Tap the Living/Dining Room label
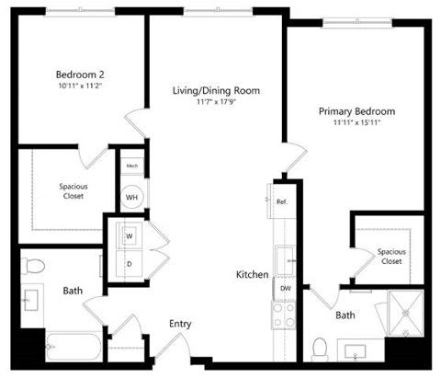[216, 90]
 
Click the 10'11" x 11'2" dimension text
[78, 86]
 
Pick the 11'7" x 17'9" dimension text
[216, 102]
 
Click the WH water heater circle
[131, 195]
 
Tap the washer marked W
[129, 235]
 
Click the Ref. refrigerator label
[282, 200]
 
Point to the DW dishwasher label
[285, 287]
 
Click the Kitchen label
[252, 274]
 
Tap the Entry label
[181, 324]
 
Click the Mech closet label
[131, 166]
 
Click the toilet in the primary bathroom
[321, 349]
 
